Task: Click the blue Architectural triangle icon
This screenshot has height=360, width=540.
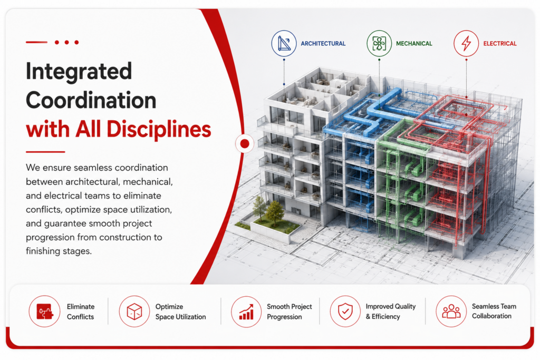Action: click(x=284, y=43)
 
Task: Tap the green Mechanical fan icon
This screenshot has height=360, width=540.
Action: click(x=379, y=43)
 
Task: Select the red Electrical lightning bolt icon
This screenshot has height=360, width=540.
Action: click(x=466, y=43)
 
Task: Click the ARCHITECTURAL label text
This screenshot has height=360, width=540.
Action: click(x=323, y=44)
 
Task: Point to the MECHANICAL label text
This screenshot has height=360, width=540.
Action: click(x=414, y=44)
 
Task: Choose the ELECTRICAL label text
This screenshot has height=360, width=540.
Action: click(x=500, y=44)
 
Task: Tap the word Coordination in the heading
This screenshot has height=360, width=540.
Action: click(x=91, y=100)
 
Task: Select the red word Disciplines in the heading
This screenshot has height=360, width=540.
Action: click(x=159, y=130)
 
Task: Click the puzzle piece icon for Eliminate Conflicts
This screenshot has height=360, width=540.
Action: click(x=44, y=311)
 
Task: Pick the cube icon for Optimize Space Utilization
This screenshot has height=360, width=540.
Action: click(x=134, y=311)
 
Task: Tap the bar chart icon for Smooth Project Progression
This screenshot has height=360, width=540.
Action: click(x=246, y=312)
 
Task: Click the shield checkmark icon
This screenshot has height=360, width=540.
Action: click(x=345, y=311)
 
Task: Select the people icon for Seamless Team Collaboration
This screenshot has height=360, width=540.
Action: click(x=451, y=311)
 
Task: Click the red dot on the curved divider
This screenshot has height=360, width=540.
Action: click(x=245, y=143)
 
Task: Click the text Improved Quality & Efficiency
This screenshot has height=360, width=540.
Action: click(x=391, y=312)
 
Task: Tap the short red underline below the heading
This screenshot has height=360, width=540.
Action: click(x=45, y=152)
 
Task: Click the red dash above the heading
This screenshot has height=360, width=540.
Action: click(x=36, y=42)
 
